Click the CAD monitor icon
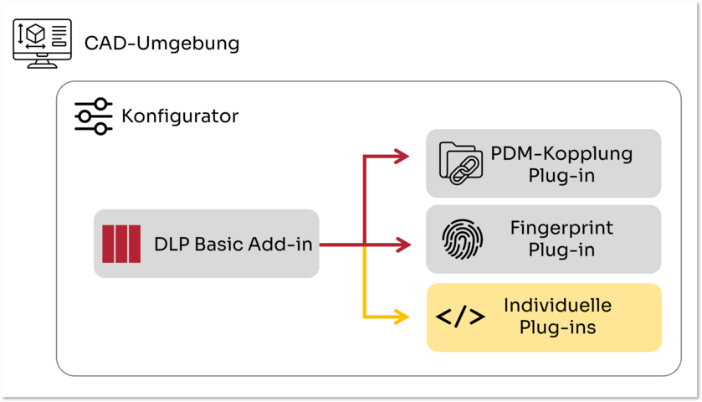tap(42, 44)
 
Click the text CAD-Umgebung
tap(161, 44)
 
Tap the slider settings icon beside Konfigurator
tap(94, 116)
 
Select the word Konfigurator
tap(180, 116)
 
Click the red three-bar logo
tap(121, 244)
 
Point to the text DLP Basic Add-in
tap(233, 245)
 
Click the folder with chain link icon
tap(461, 163)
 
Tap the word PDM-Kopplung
tap(561, 153)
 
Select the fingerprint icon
tap(462, 239)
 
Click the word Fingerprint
tap(561, 228)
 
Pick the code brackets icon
tap(460, 317)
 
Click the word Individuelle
tap(557, 305)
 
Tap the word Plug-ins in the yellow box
tap(557, 327)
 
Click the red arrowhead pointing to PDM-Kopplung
tap(401, 156)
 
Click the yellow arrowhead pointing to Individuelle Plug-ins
tap(401, 317)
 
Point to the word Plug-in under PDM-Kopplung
tap(561, 175)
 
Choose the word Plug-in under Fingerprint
tap(561, 250)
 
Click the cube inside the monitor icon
tap(36, 33)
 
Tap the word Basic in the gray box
tap(219, 245)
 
